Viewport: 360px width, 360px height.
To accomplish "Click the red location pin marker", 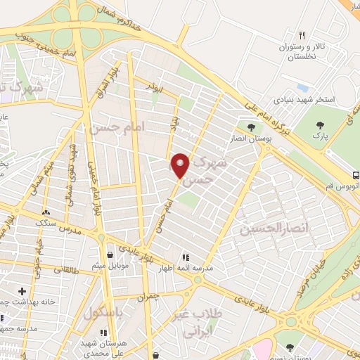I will point(181,165).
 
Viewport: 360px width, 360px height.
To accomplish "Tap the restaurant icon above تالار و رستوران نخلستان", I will point(301,35).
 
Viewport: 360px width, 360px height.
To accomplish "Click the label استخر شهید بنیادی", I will point(307,100).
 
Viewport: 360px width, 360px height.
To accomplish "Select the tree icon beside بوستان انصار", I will point(251,127).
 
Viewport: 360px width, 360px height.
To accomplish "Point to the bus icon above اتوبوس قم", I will point(356,174).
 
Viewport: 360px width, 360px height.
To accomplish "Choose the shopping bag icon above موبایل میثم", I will point(111,255).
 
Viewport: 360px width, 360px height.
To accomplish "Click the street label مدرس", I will point(70,230).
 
